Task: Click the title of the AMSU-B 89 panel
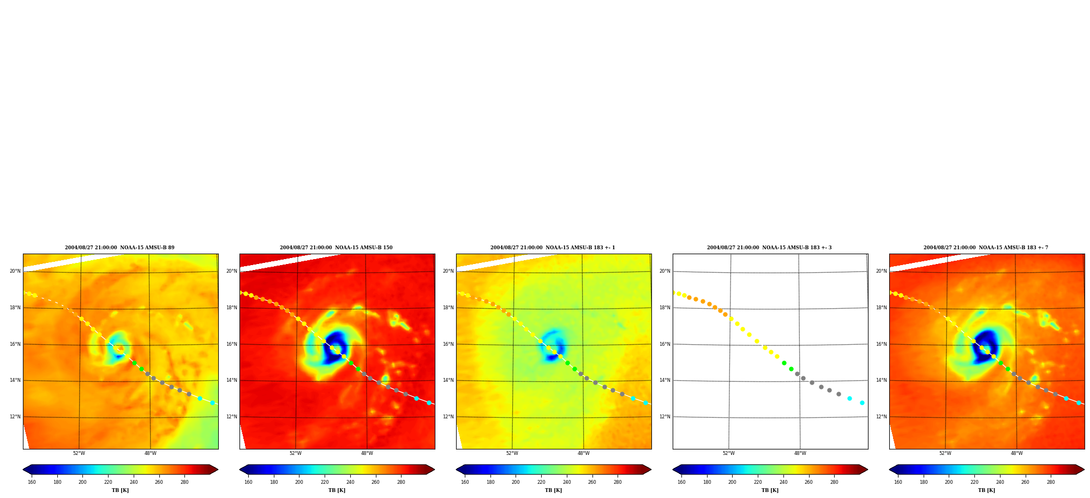point(119,248)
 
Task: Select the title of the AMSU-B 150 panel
point(336,248)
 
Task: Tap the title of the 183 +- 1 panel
point(553,248)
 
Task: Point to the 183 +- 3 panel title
point(769,248)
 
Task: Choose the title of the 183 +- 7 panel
point(986,248)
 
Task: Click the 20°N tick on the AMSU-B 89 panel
point(15,271)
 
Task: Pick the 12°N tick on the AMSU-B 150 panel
point(231,417)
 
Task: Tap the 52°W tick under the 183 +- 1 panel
point(512,453)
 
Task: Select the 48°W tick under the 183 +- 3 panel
point(800,453)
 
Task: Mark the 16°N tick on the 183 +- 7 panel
point(881,344)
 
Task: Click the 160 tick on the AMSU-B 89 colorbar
point(32,482)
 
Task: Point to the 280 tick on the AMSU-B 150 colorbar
point(401,482)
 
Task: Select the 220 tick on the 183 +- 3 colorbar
point(758,482)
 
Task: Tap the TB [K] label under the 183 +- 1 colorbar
point(553,490)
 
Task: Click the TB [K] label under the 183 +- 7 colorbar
point(986,490)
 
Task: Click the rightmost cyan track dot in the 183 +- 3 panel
point(862,403)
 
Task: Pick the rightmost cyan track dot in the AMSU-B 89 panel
point(212,403)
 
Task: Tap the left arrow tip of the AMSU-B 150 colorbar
point(240,470)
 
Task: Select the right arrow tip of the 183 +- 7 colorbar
point(1084,470)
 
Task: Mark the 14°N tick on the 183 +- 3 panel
point(664,380)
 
